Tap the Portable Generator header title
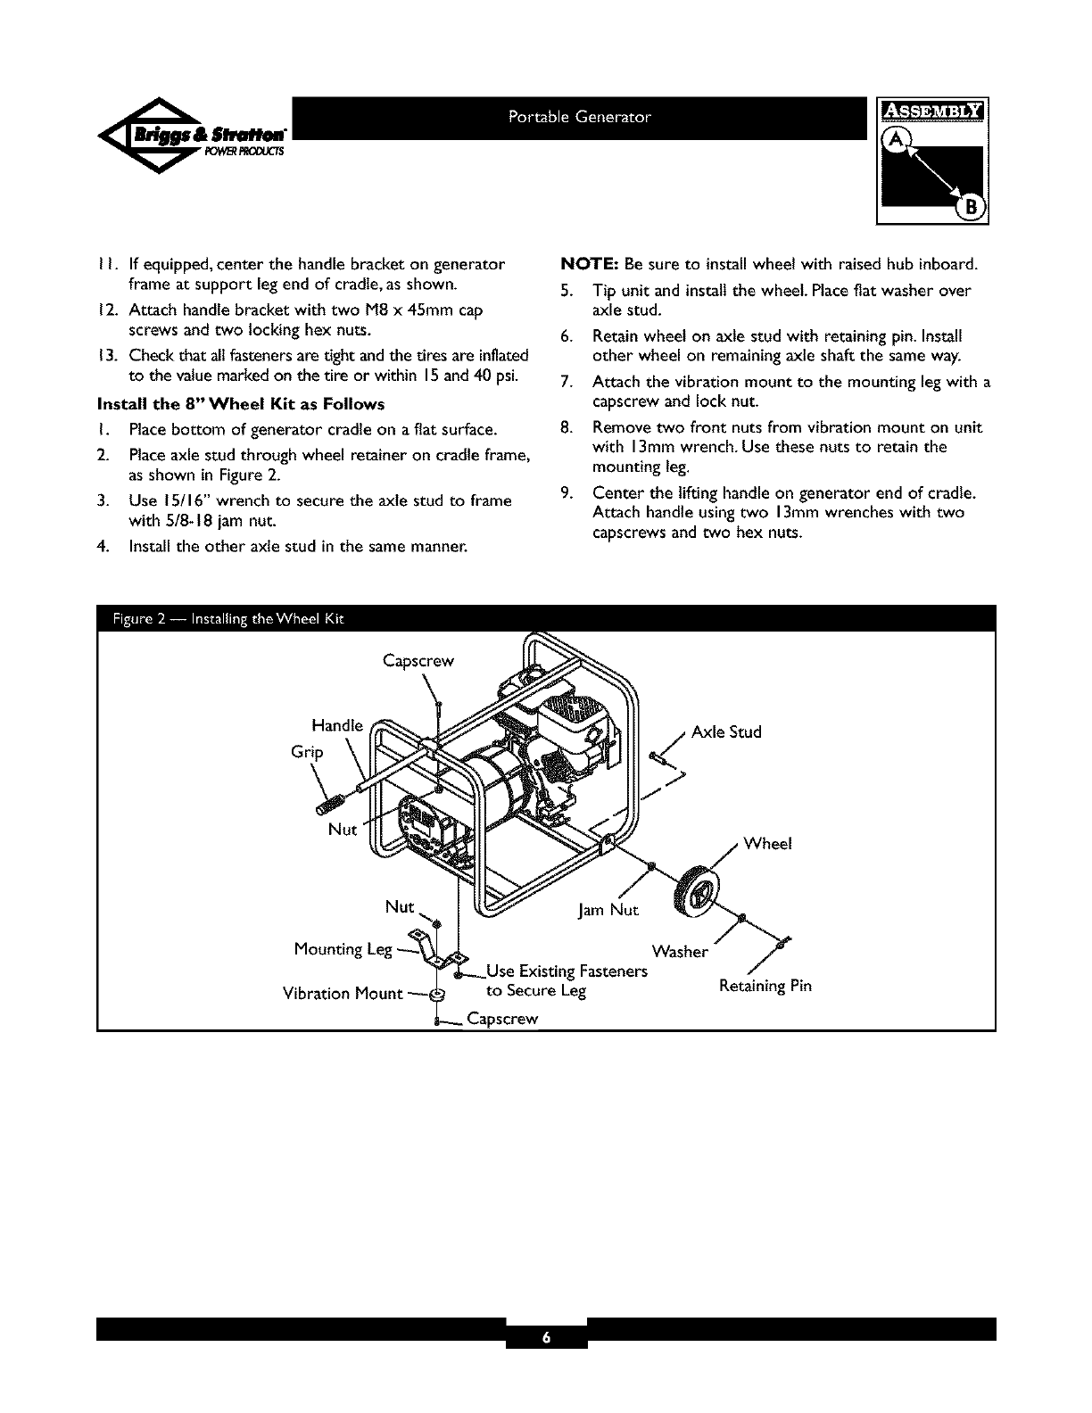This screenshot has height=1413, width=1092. [580, 117]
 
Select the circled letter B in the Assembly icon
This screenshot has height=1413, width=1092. [970, 209]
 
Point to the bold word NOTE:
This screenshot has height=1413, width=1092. [589, 265]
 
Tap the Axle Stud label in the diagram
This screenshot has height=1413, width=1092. [726, 732]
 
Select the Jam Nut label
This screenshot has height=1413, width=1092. [609, 911]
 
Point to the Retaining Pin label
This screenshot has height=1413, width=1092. [765, 987]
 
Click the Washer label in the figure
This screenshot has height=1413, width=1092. [680, 952]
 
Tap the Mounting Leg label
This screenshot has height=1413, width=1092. [343, 949]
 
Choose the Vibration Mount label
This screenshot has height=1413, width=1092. [341, 993]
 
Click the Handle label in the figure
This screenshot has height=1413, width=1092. [337, 724]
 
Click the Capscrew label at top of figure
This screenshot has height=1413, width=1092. [418, 661]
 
